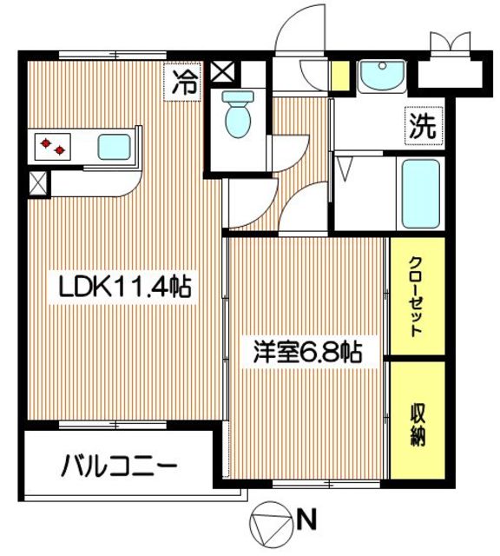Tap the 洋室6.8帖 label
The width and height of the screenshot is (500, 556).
[x=306, y=354]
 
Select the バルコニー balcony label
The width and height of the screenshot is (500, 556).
[x=118, y=468]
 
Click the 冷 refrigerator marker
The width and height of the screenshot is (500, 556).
[x=185, y=83]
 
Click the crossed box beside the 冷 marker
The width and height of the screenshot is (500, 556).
[x=220, y=72]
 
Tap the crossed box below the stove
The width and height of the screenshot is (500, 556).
[x=38, y=183]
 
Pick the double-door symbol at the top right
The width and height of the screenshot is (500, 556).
[x=452, y=43]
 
